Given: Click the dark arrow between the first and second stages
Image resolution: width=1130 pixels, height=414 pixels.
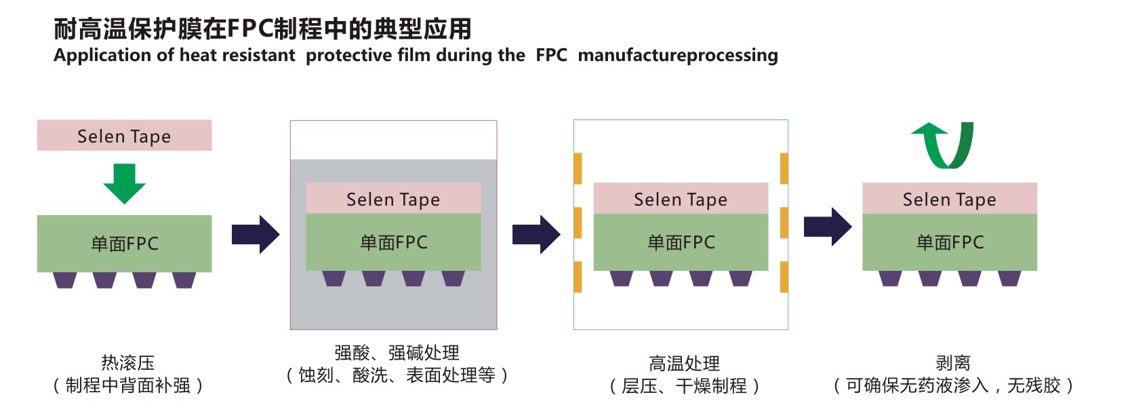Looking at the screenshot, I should [x=256, y=235].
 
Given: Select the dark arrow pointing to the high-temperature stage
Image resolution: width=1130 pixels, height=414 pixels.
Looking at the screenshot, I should [x=536, y=235].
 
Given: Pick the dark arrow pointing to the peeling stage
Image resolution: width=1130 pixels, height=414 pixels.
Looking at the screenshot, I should [x=828, y=227].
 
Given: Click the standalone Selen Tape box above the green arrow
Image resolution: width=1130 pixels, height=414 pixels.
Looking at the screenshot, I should [x=124, y=136].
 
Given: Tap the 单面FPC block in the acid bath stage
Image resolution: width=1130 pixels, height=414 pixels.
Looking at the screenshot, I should [x=393, y=242].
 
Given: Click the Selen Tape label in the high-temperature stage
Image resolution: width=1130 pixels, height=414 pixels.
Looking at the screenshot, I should [x=681, y=199].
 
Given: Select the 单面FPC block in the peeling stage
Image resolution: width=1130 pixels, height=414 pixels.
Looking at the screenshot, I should [x=950, y=242].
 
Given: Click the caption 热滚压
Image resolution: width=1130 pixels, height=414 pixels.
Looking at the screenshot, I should [x=128, y=363].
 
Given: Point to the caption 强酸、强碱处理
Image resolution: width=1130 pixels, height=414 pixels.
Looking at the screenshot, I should [x=397, y=353].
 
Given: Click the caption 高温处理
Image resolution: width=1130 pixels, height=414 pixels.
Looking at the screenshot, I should [x=684, y=364].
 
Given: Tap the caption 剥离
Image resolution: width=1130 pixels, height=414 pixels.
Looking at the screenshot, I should [x=953, y=363].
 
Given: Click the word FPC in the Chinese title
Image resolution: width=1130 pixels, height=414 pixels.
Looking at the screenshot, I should [x=249, y=29].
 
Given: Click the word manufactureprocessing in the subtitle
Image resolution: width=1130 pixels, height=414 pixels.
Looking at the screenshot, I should [x=678, y=55].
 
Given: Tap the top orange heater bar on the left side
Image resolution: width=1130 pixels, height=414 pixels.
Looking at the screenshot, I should [x=578, y=168].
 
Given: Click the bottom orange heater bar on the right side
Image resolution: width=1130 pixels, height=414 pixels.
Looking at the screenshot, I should [x=784, y=277].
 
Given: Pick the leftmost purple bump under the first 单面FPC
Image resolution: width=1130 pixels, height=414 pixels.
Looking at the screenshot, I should [x=65, y=280].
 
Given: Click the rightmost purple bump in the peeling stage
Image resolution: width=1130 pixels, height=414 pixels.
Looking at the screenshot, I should [x=1009, y=278].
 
